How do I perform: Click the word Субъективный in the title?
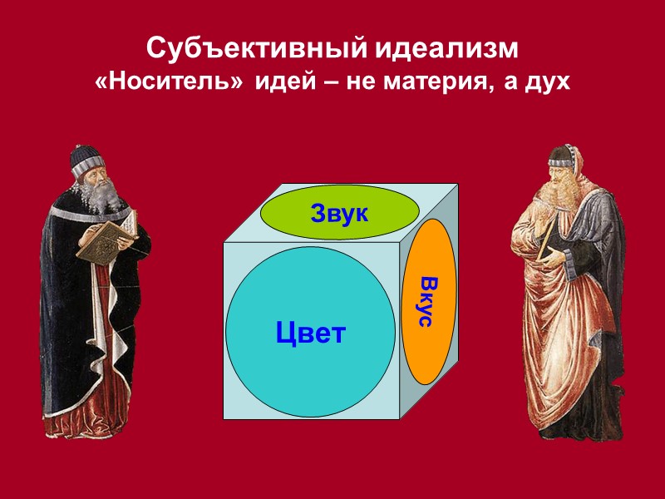pos(251,49)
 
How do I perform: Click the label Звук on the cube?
pos(339,214)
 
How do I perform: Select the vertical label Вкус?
pos(425,299)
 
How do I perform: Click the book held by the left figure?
pos(101,239)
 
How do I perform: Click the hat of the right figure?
pos(561,156)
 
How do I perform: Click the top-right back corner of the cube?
pos(458,184)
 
